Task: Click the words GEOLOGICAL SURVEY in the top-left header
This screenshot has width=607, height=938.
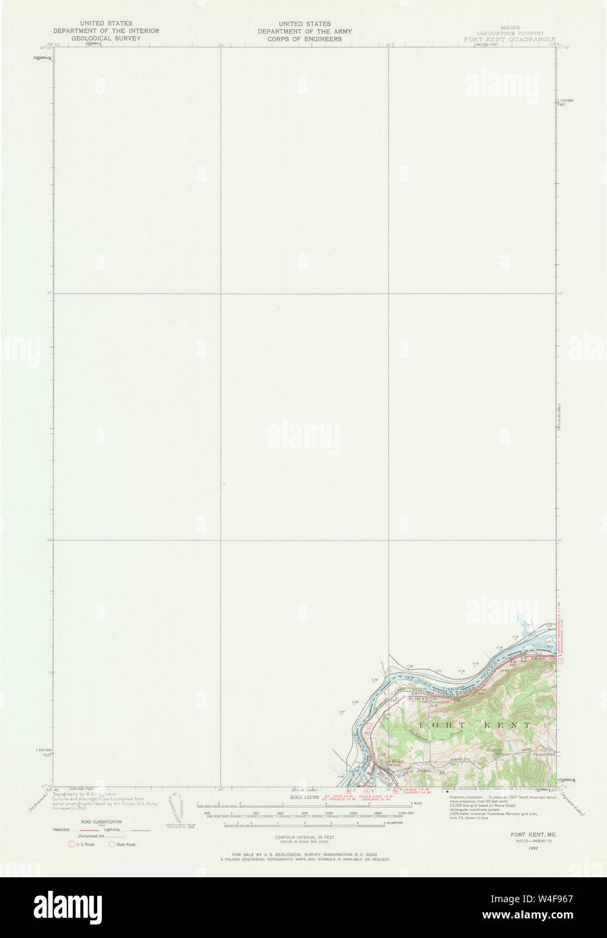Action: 107,38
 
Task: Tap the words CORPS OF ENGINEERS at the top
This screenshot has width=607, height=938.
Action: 299,38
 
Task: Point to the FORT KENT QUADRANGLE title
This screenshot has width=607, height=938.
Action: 509,39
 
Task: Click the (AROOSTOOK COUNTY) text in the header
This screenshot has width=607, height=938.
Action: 510,32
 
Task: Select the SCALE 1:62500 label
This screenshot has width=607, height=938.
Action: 304,797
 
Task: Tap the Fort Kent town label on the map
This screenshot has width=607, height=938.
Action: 391,762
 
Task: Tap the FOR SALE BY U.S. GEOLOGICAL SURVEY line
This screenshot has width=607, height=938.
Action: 303,854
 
